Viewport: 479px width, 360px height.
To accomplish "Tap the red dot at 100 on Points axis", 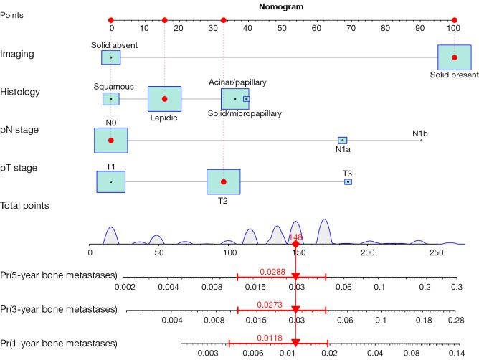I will click(x=454, y=20).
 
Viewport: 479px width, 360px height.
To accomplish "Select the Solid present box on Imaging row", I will click(x=454, y=57).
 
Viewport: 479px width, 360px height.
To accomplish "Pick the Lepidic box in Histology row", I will click(x=164, y=99).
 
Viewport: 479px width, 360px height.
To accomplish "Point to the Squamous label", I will click(x=113, y=87).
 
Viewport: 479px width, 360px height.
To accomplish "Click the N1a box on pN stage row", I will click(x=343, y=141).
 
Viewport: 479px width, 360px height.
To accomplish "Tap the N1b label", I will click(x=420, y=133).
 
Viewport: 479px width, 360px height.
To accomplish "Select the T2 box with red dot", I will click(x=223, y=182).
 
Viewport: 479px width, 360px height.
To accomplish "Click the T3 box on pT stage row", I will click(x=348, y=182).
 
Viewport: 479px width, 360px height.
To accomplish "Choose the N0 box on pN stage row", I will click(x=110, y=141).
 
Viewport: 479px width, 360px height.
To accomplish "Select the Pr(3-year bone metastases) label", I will click(x=60, y=309).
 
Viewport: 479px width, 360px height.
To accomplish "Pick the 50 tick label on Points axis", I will click(x=283, y=29).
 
